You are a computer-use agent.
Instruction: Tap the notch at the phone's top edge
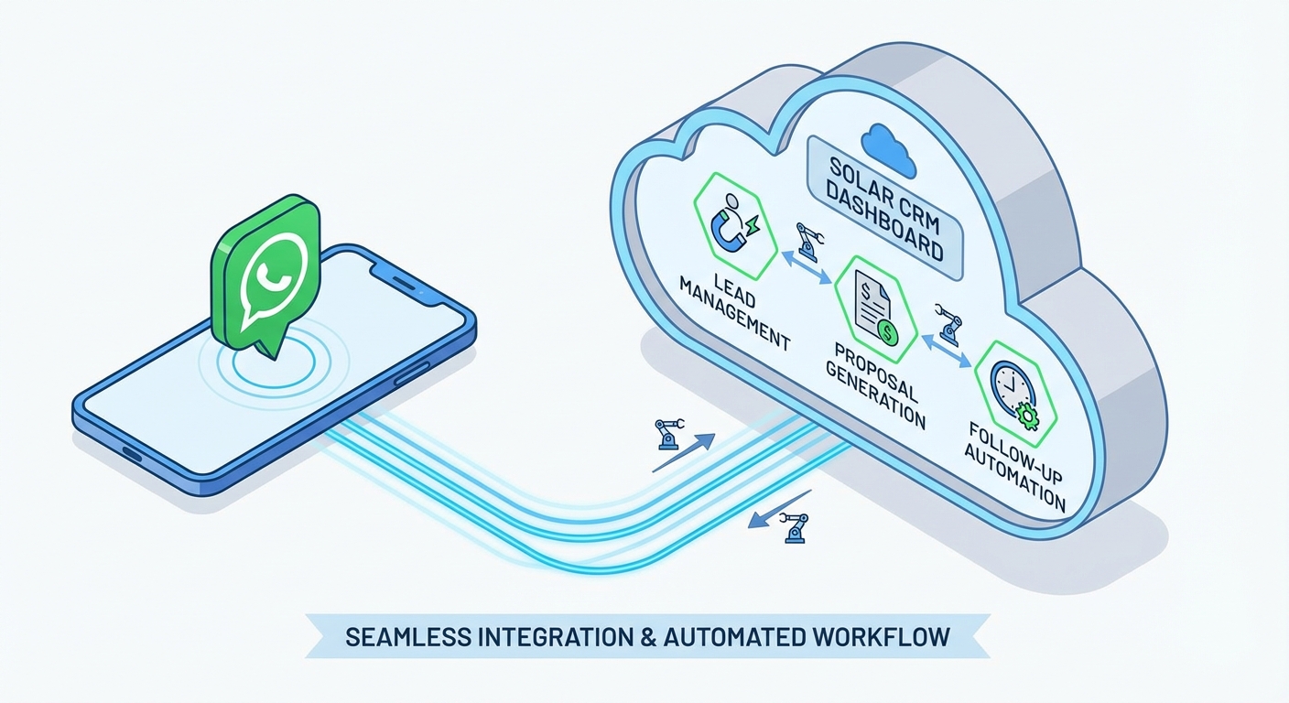tap(395, 265)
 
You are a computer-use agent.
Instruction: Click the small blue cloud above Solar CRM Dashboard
tap(888, 149)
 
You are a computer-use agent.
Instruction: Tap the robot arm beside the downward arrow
tap(794, 529)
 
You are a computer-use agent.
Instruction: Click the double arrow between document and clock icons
tap(946, 349)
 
